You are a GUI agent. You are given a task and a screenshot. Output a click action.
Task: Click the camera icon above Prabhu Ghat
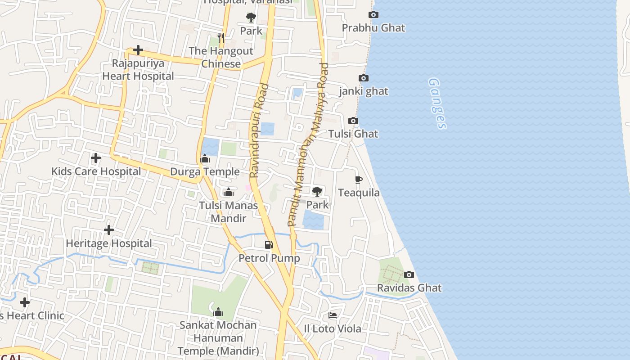373,15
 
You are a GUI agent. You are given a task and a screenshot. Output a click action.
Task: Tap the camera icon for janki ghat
364,78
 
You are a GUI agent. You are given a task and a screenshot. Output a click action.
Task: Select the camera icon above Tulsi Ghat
353,121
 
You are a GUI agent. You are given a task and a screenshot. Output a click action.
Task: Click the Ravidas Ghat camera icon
409,274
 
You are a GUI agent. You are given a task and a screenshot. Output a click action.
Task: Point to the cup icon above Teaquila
359,180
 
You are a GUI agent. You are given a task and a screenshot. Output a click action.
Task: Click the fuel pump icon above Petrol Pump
269,245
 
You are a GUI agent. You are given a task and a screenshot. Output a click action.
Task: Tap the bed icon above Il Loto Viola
333,315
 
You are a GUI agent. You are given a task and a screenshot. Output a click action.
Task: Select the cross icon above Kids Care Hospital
96,158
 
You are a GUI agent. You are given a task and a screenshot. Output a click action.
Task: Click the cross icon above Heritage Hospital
109,230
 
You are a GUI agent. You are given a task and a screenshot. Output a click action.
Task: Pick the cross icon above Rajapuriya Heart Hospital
138,50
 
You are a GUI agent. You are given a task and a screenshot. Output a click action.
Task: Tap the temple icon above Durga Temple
205,158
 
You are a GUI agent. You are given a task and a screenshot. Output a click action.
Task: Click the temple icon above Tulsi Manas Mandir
229,192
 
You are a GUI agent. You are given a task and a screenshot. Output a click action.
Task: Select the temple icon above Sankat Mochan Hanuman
218,311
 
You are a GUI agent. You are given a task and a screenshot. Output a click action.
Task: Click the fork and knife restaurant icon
220,37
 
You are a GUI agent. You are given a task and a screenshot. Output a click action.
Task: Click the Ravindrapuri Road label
259,130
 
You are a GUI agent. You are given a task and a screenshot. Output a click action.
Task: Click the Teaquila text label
359,193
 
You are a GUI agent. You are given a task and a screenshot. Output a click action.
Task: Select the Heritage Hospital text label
109,243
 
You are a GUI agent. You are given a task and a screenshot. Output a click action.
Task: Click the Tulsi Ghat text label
353,134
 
